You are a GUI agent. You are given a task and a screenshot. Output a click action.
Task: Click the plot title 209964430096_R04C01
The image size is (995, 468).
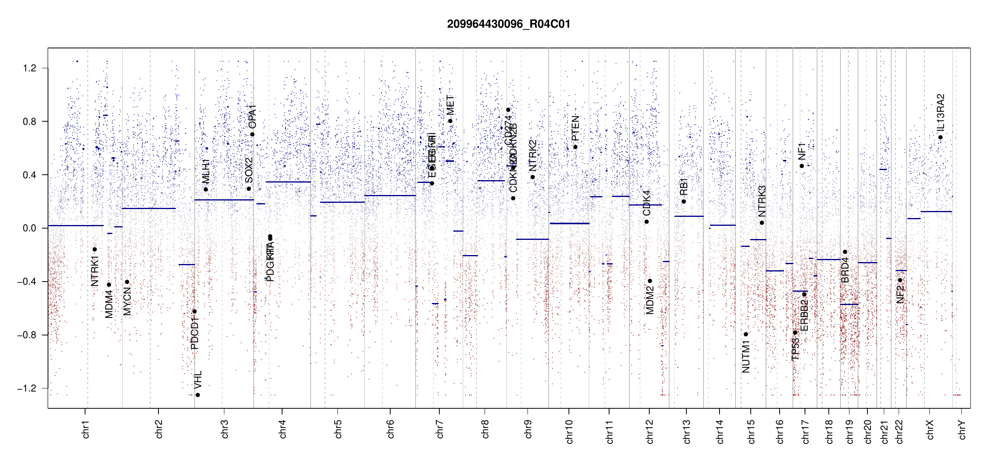coord(508,24)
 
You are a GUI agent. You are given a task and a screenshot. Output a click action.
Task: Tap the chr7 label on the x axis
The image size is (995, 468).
coord(440,429)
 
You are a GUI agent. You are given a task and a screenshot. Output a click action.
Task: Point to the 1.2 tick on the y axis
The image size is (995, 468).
coord(30,68)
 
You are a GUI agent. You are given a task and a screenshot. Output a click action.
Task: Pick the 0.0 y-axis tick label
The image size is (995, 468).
coord(30,228)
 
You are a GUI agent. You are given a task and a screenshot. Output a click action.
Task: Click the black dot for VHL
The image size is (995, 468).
coord(198,395)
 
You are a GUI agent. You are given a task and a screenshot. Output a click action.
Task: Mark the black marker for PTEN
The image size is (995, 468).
coord(575,147)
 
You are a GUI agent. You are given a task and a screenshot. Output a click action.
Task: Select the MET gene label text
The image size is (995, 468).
coord(450,105)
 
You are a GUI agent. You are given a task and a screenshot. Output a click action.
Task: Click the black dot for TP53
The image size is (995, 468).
coord(795,333)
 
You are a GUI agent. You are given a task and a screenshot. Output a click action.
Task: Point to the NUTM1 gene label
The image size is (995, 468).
coord(746,356)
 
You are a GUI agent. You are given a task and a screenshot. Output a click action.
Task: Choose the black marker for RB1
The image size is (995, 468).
coord(684,202)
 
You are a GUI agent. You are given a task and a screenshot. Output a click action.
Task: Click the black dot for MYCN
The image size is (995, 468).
coord(127,282)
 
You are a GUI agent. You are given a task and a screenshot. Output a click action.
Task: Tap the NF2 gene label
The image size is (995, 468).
coord(900,294)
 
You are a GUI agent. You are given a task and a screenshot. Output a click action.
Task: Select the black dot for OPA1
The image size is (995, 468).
coord(252,135)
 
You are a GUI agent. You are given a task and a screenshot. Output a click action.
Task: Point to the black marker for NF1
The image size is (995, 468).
coord(802,166)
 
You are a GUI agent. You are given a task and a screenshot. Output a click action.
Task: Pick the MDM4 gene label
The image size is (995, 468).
coord(109,304)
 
